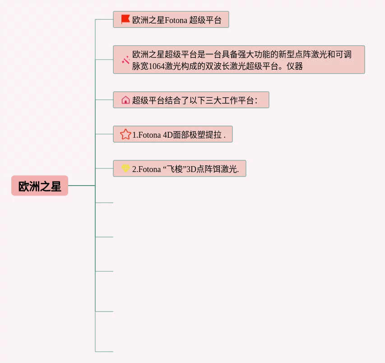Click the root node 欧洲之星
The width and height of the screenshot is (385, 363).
click(x=40, y=186)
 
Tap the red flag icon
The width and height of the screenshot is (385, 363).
click(x=125, y=19)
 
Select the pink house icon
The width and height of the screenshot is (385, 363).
click(x=125, y=100)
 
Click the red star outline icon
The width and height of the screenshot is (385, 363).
click(x=125, y=134)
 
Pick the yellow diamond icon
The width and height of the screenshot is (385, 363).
click(x=125, y=168)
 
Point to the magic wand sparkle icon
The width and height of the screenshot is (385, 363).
click(x=125, y=60)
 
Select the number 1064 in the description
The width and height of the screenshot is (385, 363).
click(x=158, y=66)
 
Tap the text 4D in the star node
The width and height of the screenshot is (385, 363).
click(x=168, y=135)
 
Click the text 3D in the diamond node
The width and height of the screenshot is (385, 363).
click(x=192, y=169)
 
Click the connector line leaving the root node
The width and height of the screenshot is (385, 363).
click(x=81, y=186)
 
